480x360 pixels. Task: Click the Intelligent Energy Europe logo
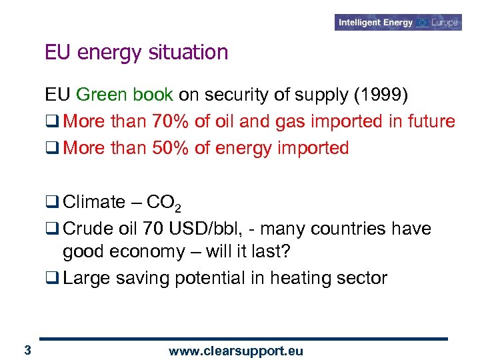click(x=399, y=23)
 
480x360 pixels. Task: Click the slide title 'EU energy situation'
click(x=137, y=52)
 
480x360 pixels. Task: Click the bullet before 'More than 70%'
click(x=51, y=122)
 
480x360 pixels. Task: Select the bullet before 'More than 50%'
click(x=51, y=149)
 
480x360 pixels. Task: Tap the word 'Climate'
click(x=94, y=202)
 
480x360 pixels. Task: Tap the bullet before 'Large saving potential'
click(x=51, y=278)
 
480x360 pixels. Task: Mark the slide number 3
click(x=27, y=350)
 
